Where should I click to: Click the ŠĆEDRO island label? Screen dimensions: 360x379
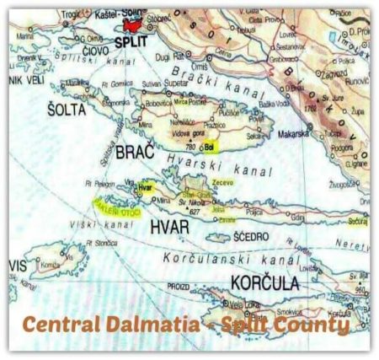(249, 237)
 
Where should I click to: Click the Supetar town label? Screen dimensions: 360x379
(173, 85)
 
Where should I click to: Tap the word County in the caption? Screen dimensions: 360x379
(311, 324)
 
